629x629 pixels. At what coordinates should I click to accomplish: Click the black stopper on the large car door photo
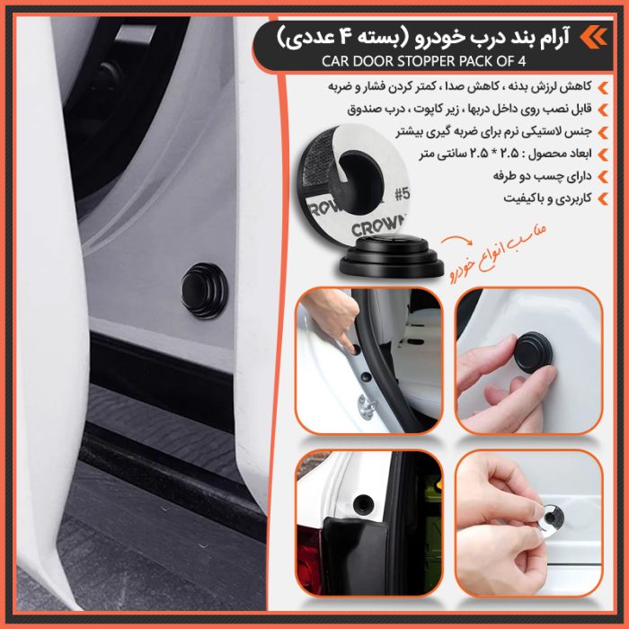coord(204,289)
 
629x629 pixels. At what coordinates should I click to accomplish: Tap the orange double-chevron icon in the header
coord(592,37)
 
